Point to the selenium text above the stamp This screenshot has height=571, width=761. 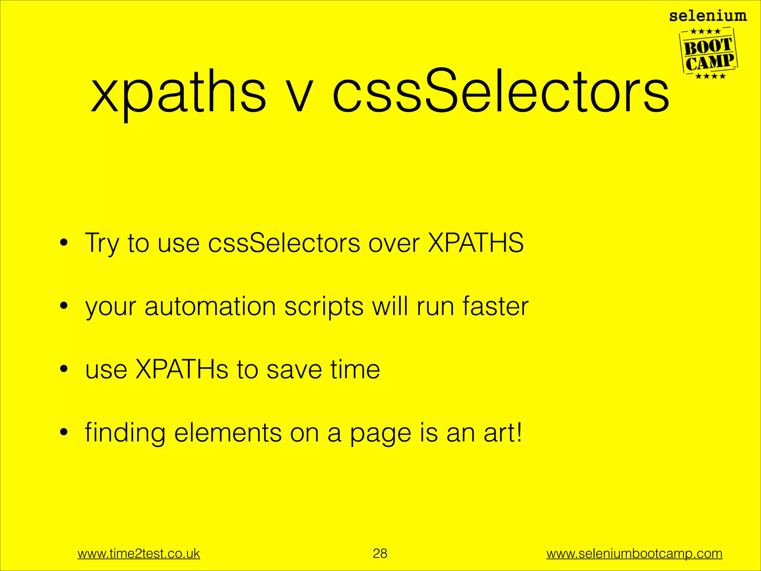pos(708,16)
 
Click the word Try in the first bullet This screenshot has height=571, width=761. pos(102,244)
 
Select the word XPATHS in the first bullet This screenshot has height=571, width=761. pos(476,243)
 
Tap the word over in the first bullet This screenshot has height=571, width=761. pos(394,245)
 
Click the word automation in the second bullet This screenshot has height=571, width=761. pos(210,307)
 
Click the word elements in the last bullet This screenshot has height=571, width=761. pos(228,433)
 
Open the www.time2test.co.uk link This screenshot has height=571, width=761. pos(139,554)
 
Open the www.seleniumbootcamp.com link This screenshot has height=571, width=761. pos(634,554)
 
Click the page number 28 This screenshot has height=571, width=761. pos(380,553)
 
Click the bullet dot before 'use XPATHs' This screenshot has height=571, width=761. pos(64,369)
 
